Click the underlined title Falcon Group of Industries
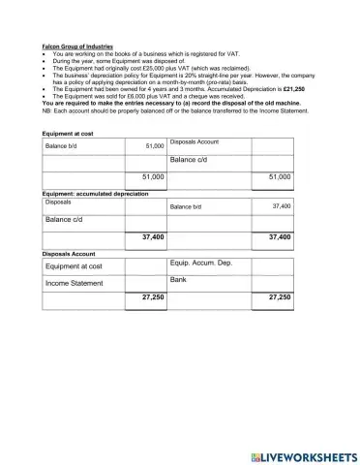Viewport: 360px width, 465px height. point(77,46)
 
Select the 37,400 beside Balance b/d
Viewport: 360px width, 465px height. point(281,206)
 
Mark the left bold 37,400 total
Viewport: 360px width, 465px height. point(152,236)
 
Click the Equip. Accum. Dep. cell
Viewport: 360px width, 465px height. point(200,263)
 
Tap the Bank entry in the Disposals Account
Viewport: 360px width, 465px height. point(177,280)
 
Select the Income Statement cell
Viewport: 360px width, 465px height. point(74,284)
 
